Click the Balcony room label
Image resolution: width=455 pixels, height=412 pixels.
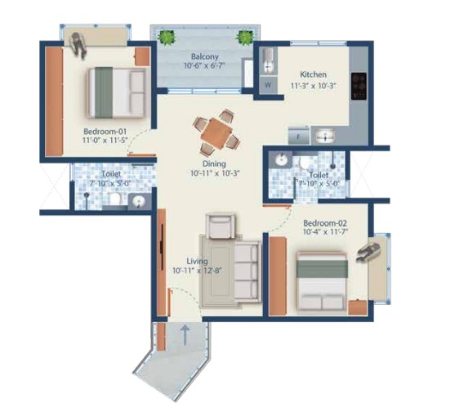pyautogui.click(x=204, y=56)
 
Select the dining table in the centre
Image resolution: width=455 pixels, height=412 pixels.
pyautogui.click(x=216, y=132)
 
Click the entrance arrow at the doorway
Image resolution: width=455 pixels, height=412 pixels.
pyautogui.click(x=185, y=334)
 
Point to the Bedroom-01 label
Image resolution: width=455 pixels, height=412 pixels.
pyautogui.click(x=105, y=131)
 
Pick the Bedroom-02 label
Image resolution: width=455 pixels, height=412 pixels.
pyautogui.click(x=325, y=223)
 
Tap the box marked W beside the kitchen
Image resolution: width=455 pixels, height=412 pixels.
pyautogui.click(x=268, y=85)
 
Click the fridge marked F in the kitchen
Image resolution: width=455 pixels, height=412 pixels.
pyautogui.click(x=299, y=137)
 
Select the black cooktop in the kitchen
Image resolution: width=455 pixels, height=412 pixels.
pyautogui.click(x=359, y=86)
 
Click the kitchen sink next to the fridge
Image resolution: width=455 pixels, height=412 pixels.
pyautogui.click(x=325, y=136)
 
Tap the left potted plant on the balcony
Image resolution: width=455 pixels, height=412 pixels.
pyautogui.click(x=167, y=37)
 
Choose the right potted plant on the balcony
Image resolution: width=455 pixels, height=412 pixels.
pyautogui.click(x=244, y=37)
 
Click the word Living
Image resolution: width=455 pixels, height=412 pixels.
pyautogui.click(x=198, y=261)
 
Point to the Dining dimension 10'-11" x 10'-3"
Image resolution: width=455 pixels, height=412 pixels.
pyautogui.click(x=215, y=173)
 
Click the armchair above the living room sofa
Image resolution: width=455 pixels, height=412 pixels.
pyautogui.click(x=221, y=226)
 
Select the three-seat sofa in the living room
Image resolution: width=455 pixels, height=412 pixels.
pyautogui.click(x=248, y=271)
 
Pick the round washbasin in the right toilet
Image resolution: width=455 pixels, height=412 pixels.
pyautogui.click(x=281, y=159)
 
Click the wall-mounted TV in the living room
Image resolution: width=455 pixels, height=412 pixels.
pyautogui.click(x=162, y=247)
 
